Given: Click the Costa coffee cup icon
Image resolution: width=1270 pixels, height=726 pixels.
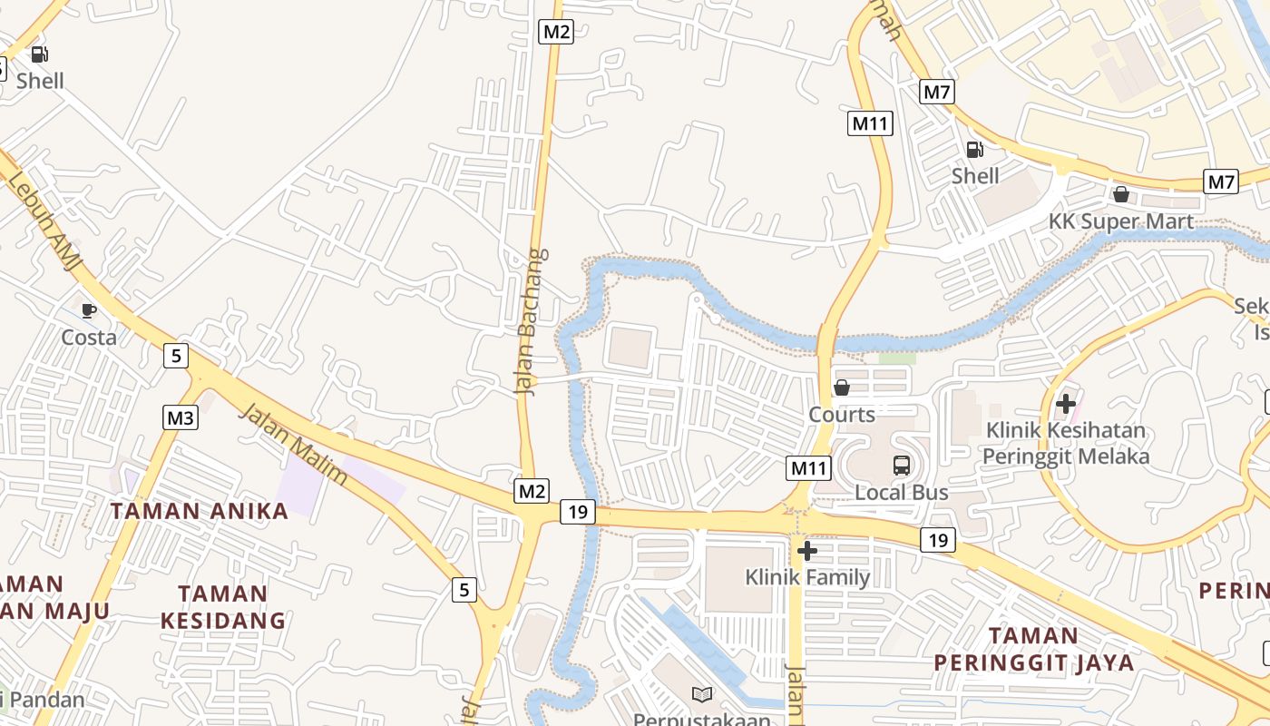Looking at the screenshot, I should (x=88, y=310).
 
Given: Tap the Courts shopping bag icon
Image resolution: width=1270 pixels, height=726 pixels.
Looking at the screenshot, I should (x=842, y=388).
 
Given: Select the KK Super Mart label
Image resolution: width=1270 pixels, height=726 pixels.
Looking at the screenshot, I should (x=1121, y=222).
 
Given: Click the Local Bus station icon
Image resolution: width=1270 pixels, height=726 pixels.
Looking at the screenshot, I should (x=901, y=466).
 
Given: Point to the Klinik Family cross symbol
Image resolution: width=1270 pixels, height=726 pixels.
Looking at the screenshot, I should (x=806, y=551).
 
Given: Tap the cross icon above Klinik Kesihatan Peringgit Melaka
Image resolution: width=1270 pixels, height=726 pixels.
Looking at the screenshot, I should (x=1066, y=403).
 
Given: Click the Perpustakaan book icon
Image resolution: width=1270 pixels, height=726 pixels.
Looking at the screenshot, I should (x=702, y=694).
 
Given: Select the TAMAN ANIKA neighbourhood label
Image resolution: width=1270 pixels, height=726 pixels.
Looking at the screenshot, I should (x=200, y=511).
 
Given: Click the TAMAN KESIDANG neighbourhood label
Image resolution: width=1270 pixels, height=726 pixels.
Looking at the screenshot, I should (x=223, y=607).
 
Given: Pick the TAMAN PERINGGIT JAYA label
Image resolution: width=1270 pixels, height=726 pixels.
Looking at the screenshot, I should (x=1034, y=649).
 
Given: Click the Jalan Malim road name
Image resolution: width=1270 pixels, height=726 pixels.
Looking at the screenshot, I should (x=293, y=445).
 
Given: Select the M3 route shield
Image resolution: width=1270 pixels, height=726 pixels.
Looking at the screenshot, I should (x=181, y=417).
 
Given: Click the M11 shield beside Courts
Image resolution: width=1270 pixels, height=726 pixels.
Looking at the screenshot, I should (x=807, y=468).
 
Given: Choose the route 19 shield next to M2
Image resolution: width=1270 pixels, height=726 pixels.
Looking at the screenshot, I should (x=577, y=512).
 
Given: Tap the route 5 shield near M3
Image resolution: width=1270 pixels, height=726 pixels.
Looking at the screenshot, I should (x=176, y=356).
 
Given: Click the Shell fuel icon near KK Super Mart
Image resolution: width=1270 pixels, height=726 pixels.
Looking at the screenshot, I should (x=974, y=150).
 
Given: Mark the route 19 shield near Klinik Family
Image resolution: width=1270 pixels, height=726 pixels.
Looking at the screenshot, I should (x=938, y=541).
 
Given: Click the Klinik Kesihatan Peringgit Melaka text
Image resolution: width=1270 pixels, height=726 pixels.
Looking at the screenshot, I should (x=1066, y=443).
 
